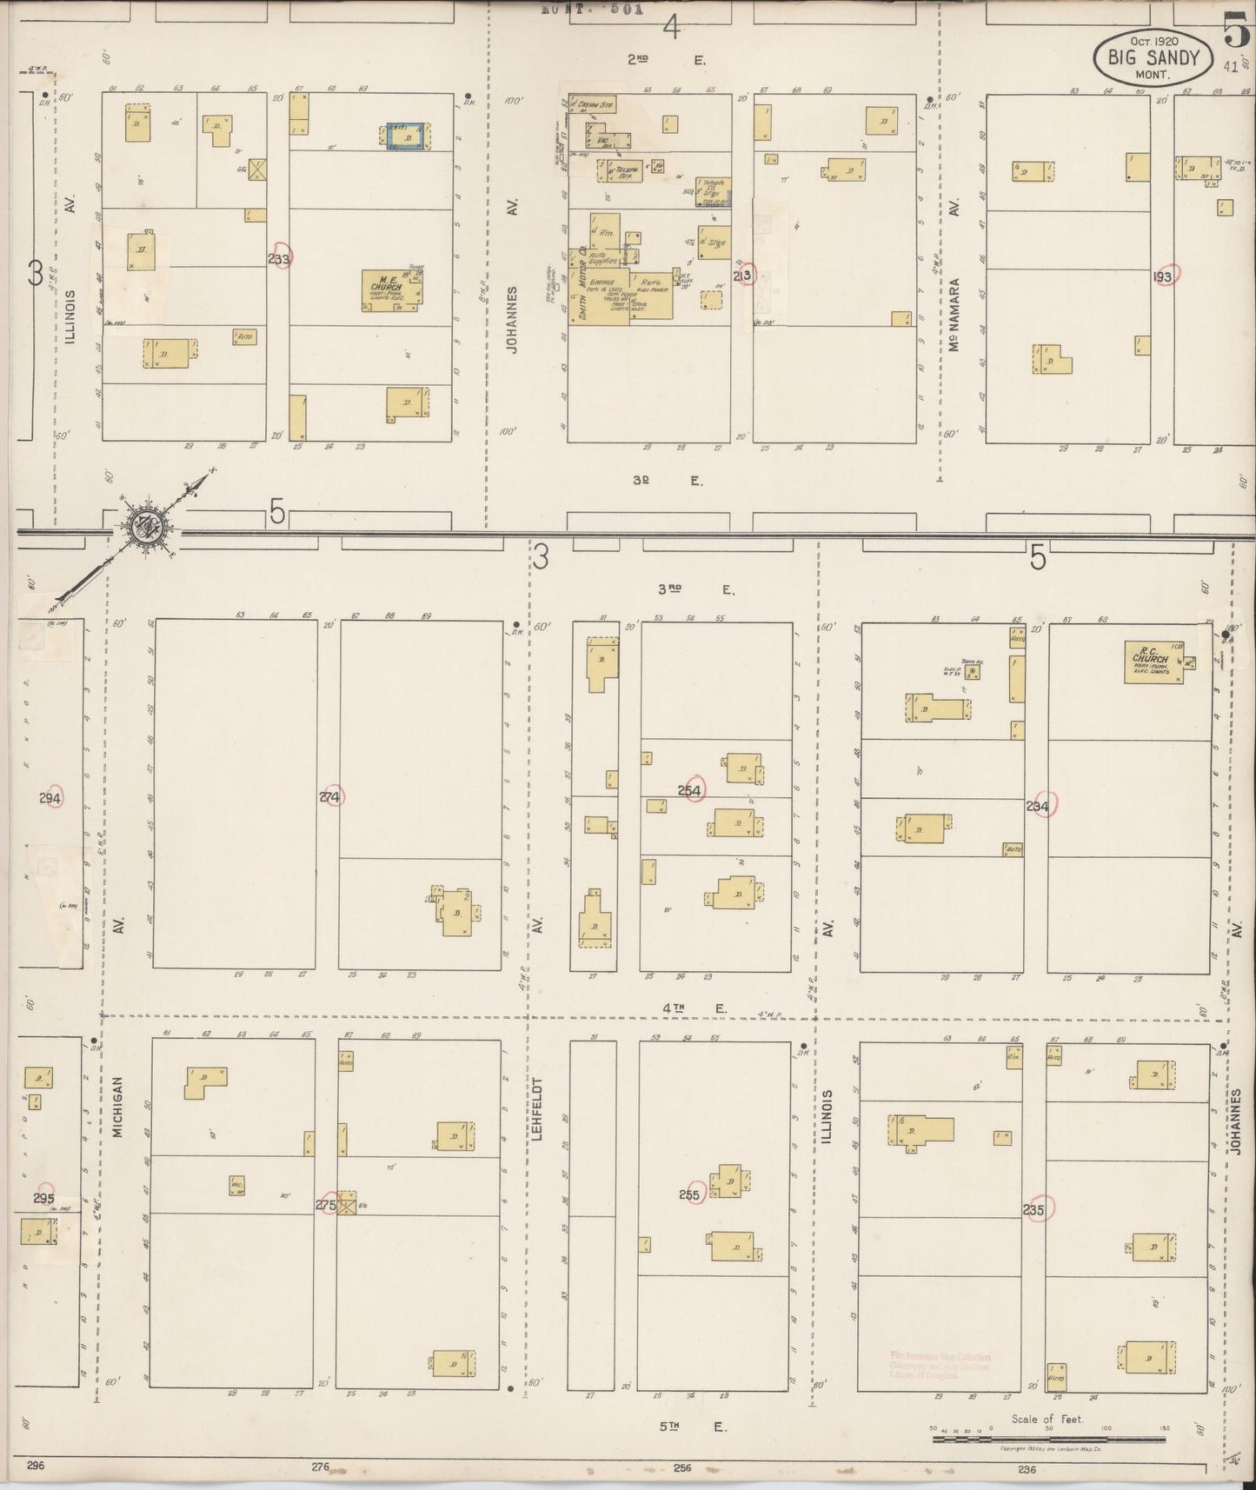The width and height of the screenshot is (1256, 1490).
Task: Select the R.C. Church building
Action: (1153, 662)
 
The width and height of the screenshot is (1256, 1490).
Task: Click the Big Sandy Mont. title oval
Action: (1153, 58)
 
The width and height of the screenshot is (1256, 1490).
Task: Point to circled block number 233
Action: (281, 258)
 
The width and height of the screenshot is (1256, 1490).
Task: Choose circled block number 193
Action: (1163, 276)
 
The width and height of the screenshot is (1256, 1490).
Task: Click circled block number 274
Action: (330, 796)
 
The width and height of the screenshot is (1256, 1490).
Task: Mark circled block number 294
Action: (51, 797)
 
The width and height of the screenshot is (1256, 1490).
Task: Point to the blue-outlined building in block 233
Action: (406, 136)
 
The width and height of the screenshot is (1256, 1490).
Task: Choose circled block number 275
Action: (327, 1204)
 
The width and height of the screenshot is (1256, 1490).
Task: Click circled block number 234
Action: (1038, 806)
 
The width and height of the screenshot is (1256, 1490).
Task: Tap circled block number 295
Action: (43, 1197)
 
